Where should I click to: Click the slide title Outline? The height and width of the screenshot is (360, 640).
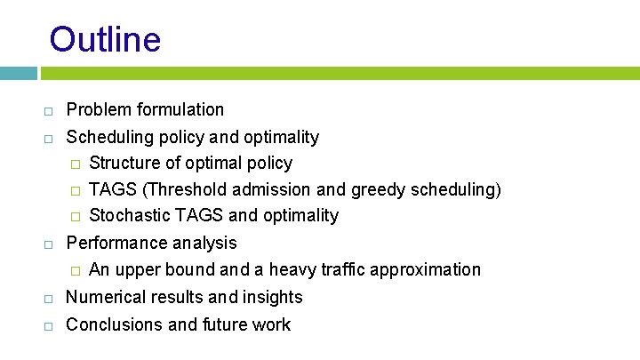pos(105,40)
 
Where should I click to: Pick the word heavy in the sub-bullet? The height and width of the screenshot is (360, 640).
pos(278,269)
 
